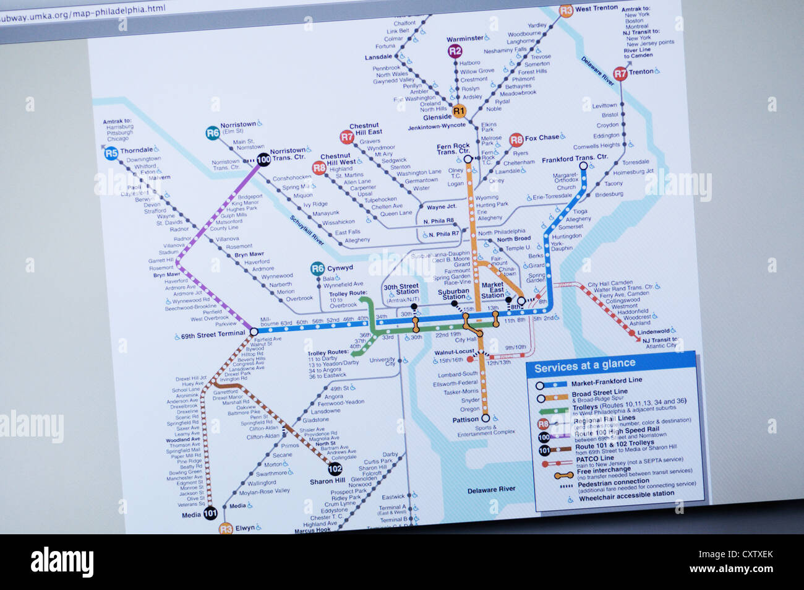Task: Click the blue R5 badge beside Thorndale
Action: tap(111, 152)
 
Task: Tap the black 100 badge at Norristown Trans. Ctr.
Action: tap(263, 159)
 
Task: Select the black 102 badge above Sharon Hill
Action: tap(335, 469)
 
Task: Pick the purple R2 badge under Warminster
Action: tap(455, 51)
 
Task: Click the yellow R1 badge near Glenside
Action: tap(458, 111)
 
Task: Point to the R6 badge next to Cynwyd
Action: tap(317, 268)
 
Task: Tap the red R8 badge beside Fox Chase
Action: tap(516, 140)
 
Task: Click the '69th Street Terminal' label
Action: tap(213, 335)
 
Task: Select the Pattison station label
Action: tap(465, 420)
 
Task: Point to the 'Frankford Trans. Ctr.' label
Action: tap(575, 158)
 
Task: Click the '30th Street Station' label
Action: tap(401, 289)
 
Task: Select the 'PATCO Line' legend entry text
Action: tap(594, 458)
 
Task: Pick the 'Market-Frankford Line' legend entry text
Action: tap(606, 381)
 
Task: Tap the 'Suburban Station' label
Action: tap(453, 293)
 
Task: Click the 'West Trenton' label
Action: tap(596, 9)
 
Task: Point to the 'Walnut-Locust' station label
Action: tap(454, 352)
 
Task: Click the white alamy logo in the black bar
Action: tap(62, 562)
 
